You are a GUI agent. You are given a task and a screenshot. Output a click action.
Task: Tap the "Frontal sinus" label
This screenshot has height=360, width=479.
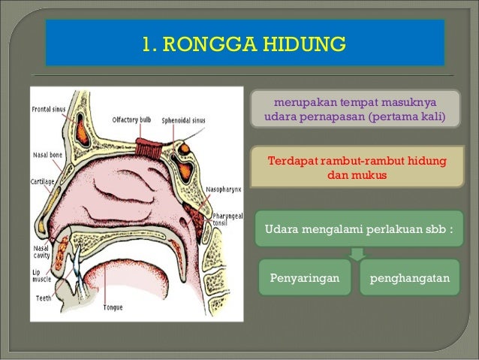coord(49,109)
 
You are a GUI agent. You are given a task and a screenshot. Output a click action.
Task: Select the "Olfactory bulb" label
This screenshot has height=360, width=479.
coord(130,118)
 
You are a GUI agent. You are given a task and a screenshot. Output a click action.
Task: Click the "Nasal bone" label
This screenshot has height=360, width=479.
coord(47,155)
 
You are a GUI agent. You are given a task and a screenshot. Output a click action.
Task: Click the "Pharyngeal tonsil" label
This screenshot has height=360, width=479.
coord(227,216)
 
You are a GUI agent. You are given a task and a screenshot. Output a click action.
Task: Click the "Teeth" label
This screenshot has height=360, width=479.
coord(43,298)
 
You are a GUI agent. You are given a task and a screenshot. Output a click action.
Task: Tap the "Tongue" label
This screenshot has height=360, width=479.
coord(113,307)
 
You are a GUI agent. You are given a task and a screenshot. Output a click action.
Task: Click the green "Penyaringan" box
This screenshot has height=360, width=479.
coord(304,279)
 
